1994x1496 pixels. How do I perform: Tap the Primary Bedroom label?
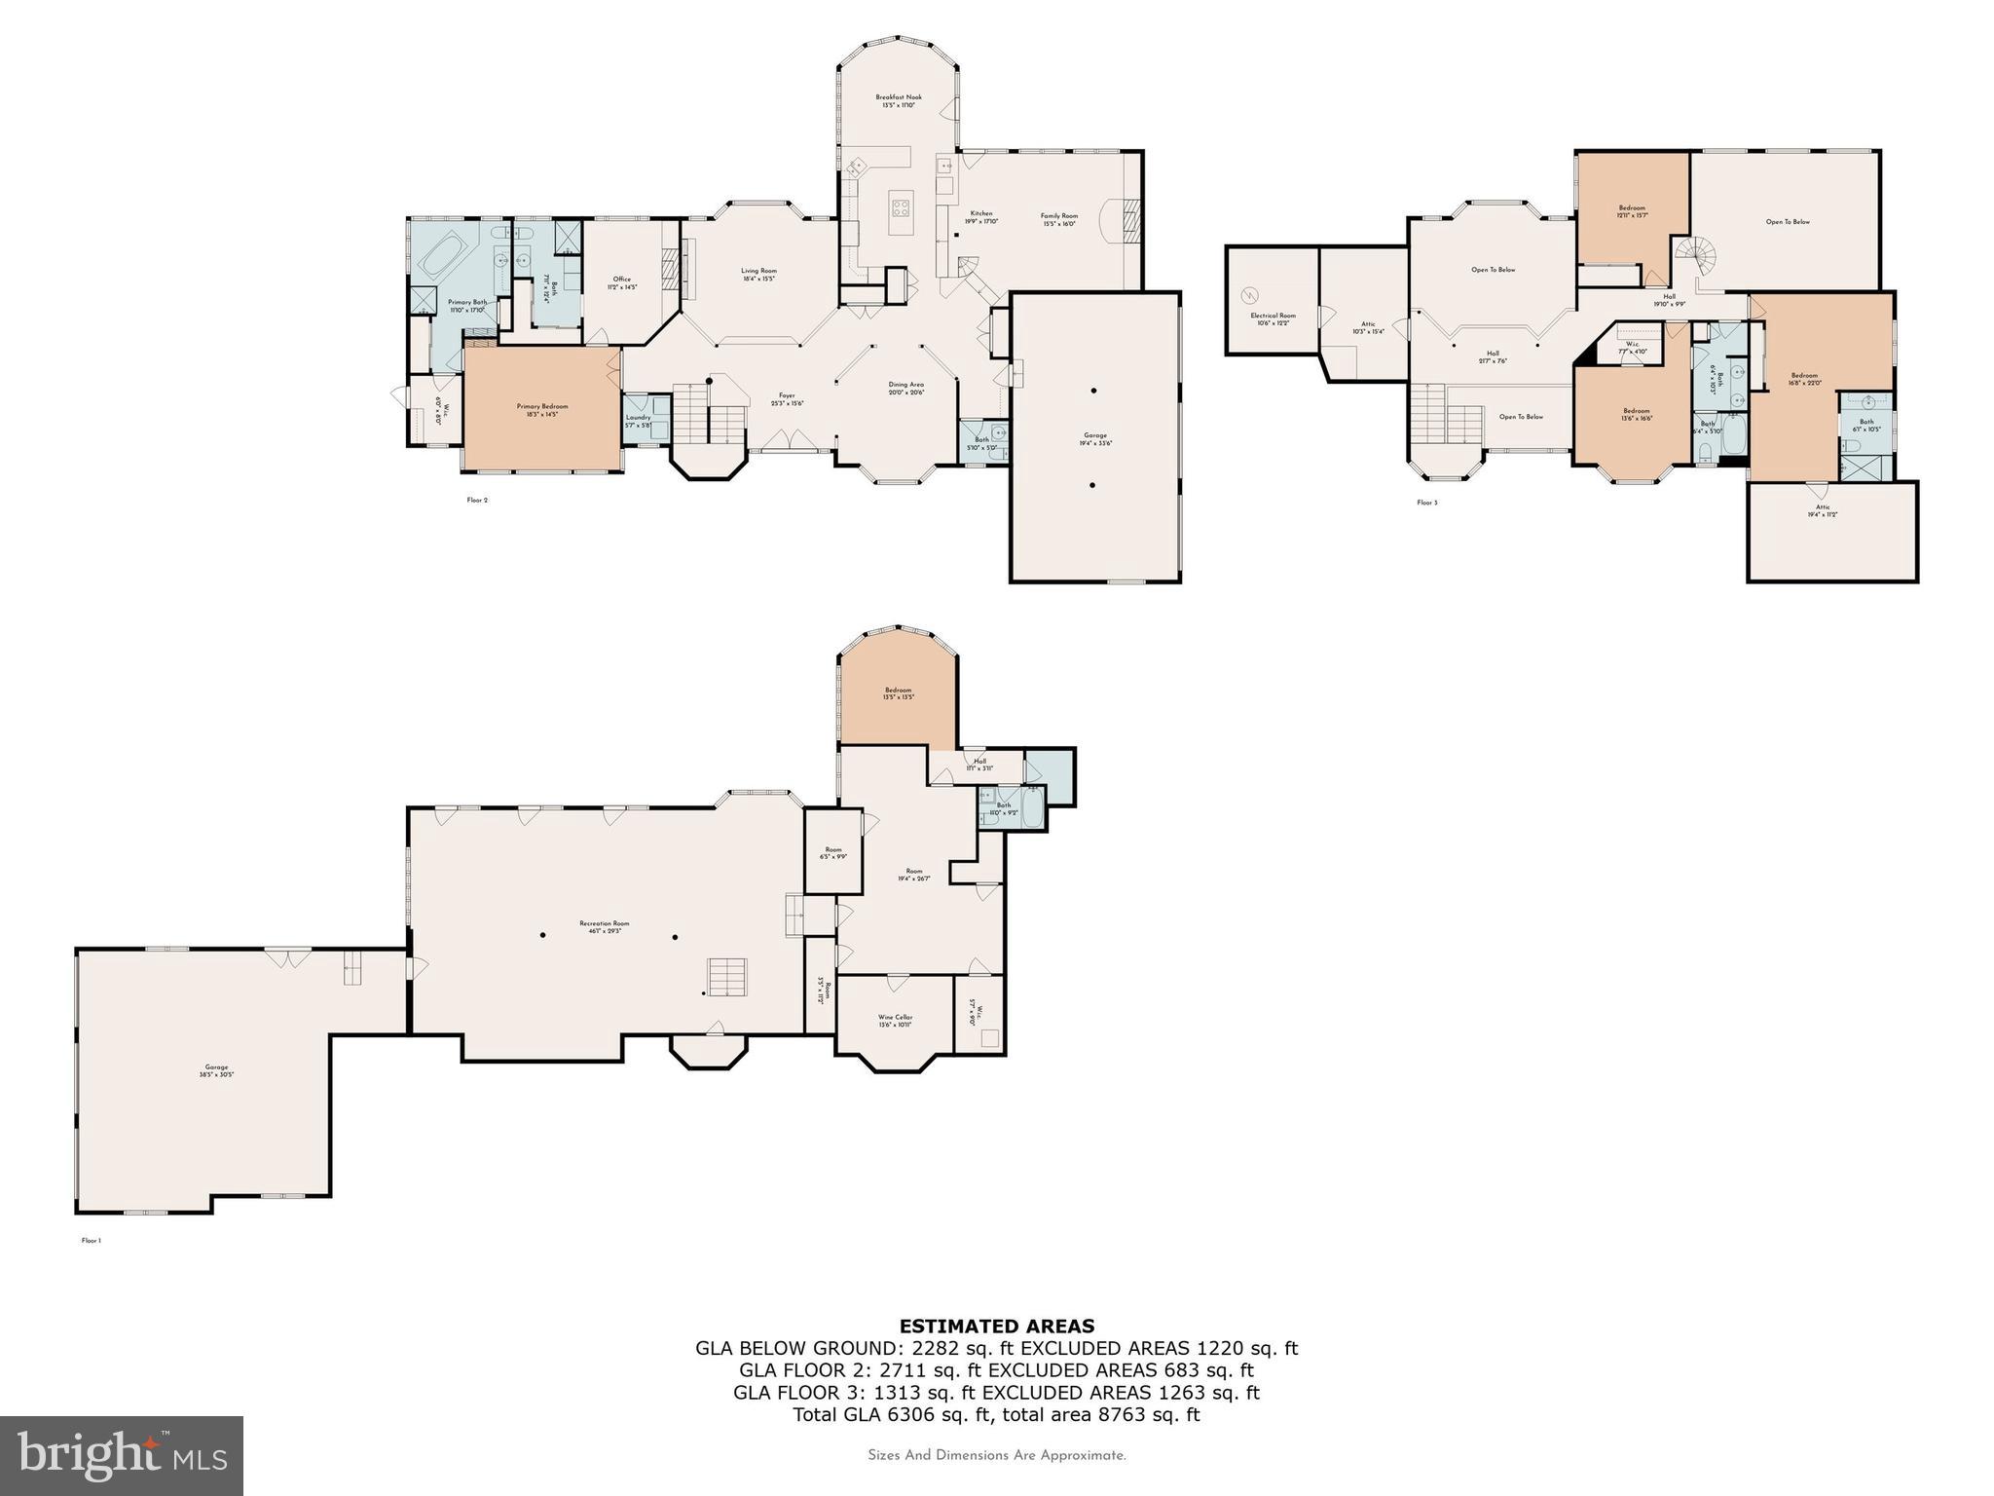click(x=542, y=410)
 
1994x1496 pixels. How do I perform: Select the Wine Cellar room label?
click(x=895, y=1020)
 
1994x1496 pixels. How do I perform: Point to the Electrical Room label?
click(x=1274, y=318)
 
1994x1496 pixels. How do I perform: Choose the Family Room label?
click(x=1059, y=219)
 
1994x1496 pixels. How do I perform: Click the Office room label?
click(x=622, y=282)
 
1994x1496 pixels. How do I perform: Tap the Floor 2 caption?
click(x=477, y=500)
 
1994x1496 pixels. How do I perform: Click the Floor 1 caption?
click(x=91, y=1241)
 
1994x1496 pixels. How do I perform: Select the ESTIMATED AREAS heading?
click(x=996, y=1326)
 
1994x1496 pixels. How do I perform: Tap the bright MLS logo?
click(x=122, y=1455)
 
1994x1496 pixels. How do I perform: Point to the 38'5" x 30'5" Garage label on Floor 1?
click(x=216, y=1070)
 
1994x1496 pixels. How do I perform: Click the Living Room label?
click(x=758, y=275)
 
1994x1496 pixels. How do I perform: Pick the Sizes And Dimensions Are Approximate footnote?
click(x=996, y=1455)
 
